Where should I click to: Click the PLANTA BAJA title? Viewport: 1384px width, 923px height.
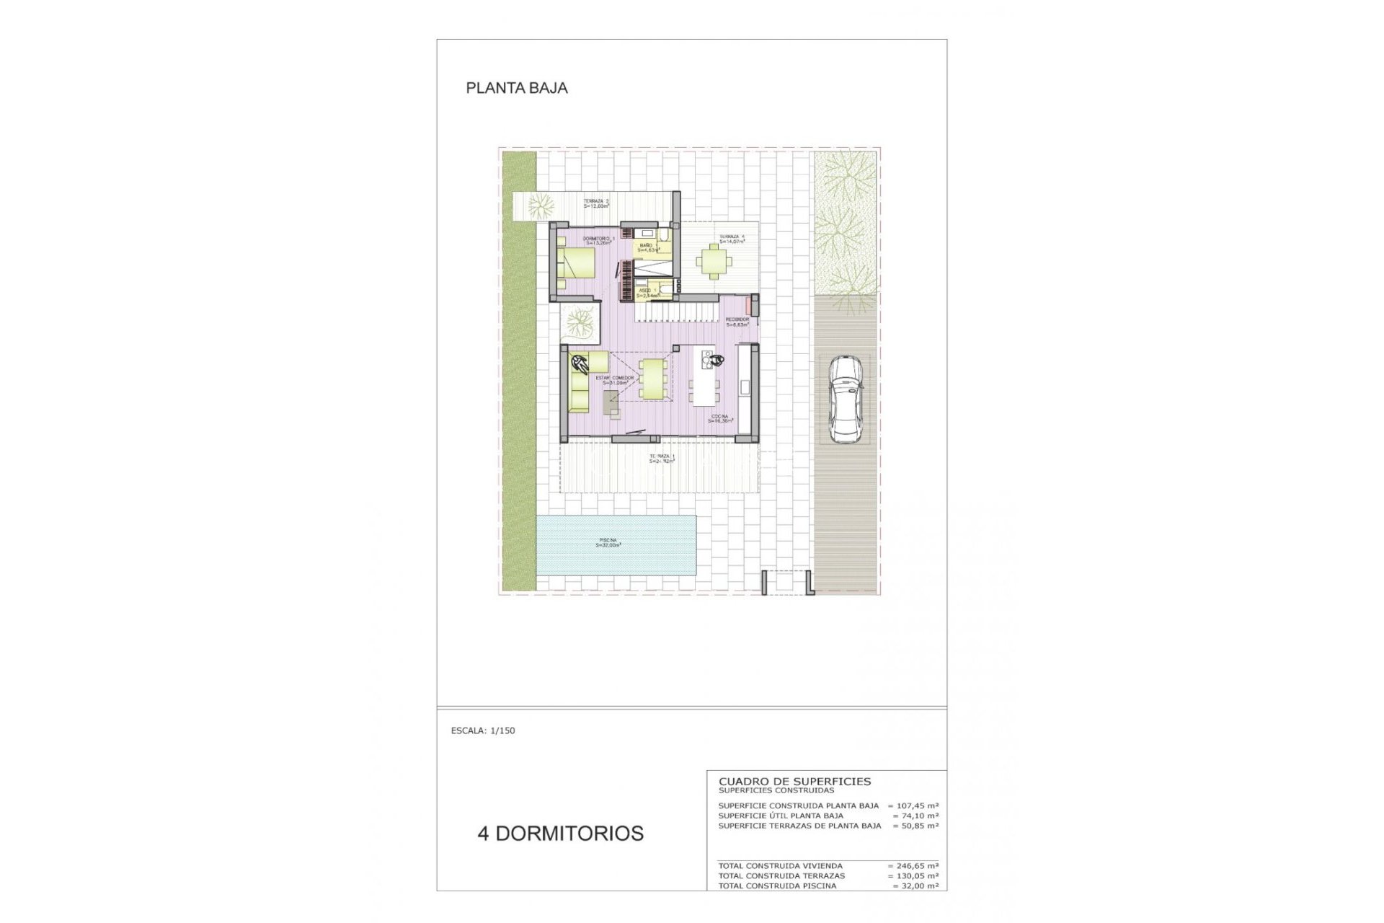(x=517, y=88)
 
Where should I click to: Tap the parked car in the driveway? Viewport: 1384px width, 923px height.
(x=844, y=399)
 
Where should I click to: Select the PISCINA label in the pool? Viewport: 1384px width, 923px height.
(x=608, y=543)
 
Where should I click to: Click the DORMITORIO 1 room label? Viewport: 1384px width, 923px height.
(x=598, y=241)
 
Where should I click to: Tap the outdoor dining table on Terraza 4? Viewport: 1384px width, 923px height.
(x=713, y=260)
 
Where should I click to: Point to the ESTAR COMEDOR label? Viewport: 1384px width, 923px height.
(x=614, y=380)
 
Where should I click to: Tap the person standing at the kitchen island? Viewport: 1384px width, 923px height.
(x=714, y=361)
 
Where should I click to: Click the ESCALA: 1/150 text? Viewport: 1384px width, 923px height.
(x=483, y=730)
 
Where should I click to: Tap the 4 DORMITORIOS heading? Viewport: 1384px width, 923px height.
(x=560, y=834)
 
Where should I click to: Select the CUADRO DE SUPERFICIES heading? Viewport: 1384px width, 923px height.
(x=794, y=781)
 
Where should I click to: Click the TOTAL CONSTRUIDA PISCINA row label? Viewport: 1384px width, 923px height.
(x=777, y=886)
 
